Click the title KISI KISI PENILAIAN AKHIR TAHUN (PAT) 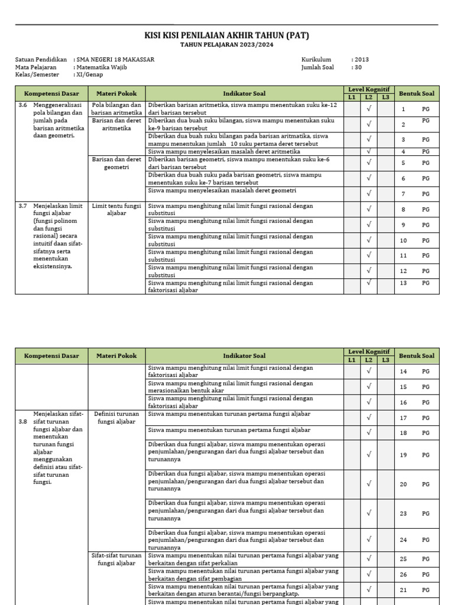(226, 36)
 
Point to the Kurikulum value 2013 (362, 60)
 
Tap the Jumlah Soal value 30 (358, 67)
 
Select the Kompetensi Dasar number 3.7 (22, 206)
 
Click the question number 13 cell (404, 283)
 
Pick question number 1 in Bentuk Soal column (403, 109)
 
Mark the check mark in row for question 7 (369, 193)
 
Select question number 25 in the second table (404, 559)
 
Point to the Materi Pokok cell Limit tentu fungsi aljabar (116, 209)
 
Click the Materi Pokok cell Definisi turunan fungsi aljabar (116, 418)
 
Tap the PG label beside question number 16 (426, 402)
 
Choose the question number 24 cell (404, 540)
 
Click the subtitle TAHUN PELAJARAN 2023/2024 (226, 45)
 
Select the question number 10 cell (404, 240)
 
